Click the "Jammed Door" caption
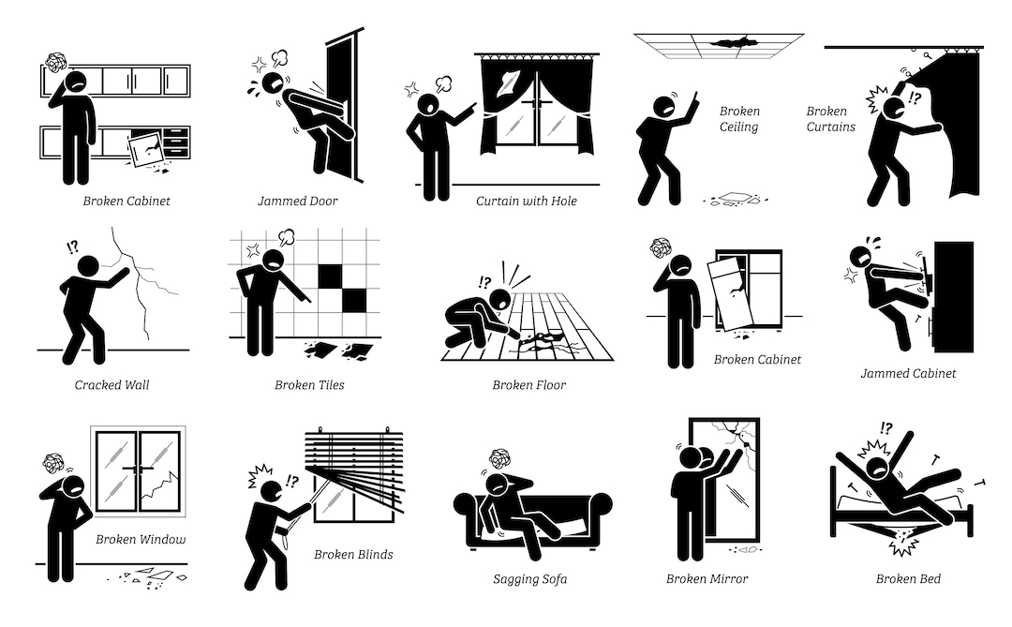click(297, 201)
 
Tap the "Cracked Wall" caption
click(112, 384)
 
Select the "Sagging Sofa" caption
click(529, 579)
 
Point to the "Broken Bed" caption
click(908, 579)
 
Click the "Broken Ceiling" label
click(739, 119)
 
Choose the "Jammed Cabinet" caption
click(908, 373)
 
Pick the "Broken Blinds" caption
click(353, 555)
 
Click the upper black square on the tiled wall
click(330, 276)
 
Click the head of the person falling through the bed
click(878, 467)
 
